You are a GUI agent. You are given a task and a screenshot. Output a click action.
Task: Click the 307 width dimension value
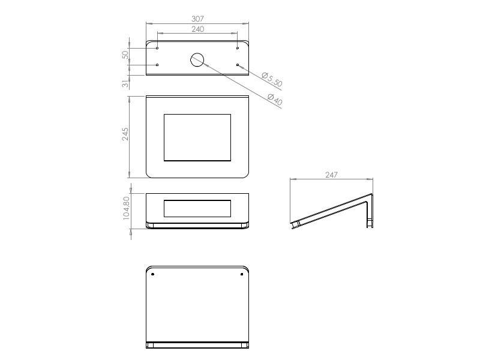tap(197, 19)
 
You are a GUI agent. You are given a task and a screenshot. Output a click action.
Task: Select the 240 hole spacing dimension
tap(197, 29)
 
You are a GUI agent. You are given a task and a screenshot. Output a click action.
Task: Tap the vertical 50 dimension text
tap(125, 55)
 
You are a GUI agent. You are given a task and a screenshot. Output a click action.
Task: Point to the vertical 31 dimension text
tap(125, 84)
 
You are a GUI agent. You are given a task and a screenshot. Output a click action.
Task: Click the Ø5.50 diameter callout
tap(272, 79)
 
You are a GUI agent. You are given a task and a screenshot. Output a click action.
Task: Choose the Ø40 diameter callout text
tap(274, 100)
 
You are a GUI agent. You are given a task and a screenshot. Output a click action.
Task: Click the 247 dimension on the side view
tap(331, 175)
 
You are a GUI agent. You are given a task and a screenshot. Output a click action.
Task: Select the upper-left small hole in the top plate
tap(157, 48)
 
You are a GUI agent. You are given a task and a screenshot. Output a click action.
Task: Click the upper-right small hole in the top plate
tap(238, 48)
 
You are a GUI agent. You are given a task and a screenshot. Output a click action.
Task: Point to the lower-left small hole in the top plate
tap(157, 65)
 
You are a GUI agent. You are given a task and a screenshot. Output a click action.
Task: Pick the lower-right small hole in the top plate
tap(238, 65)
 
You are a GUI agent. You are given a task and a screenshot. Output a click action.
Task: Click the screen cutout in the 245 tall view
tap(197, 137)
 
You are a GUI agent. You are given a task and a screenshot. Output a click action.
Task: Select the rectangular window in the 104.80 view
tap(197, 208)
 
